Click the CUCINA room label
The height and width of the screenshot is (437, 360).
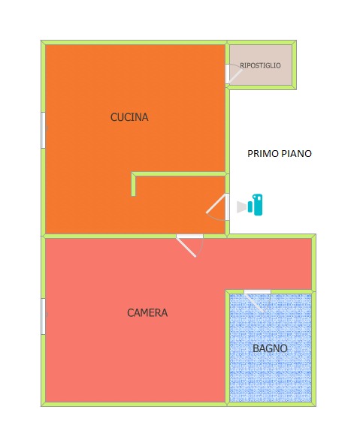click(x=129, y=117)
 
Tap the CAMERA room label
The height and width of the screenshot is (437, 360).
click(x=147, y=312)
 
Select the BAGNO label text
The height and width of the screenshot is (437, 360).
click(x=270, y=348)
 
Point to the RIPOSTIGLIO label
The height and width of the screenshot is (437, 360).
click(x=260, y=65)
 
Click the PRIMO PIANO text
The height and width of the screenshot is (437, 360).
click(x=280, y=154)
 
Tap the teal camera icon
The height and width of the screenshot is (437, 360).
click(x=256, y=205)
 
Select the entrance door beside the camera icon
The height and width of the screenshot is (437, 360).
click(x=219, y=207)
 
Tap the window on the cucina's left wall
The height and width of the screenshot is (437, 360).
click(x=44, y=130)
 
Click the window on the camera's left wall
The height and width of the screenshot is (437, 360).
click(x=44, y=316)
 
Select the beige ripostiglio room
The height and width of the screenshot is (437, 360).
click(x=261, y=65)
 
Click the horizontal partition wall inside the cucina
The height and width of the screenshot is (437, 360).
click(x=178, y=174)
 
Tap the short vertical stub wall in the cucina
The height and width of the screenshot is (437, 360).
click(x=134, y=184)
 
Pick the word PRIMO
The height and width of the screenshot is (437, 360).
click(x=263, y=154)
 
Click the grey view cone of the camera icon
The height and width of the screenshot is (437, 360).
click(x=241, y=207)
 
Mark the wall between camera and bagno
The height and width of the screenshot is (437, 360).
click(x=227, y=348)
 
